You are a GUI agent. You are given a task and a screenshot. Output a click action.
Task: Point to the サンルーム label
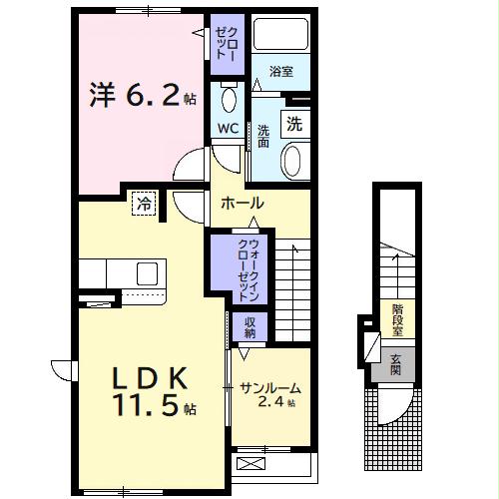click(268, 387)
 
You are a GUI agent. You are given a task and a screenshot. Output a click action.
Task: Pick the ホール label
click(243, 202)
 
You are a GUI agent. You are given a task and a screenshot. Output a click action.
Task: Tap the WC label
click(227, 130)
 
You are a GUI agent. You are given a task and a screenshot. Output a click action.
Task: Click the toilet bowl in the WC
click(229, 100)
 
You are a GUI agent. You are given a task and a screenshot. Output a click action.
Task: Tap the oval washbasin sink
click(293, 160)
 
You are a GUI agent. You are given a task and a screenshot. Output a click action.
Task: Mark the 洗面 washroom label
click(263, 136)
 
